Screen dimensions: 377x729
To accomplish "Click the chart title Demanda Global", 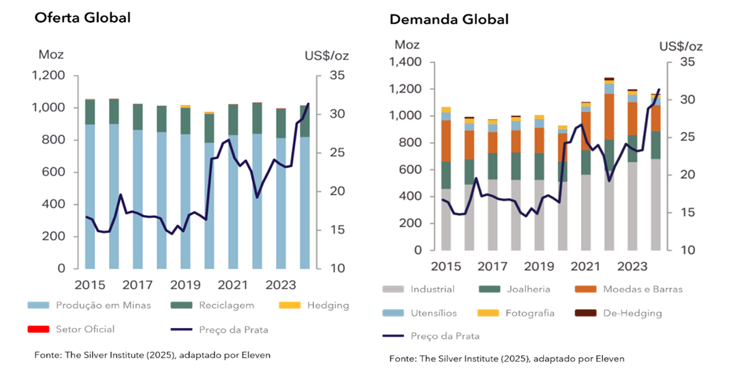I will [x=448, y=19].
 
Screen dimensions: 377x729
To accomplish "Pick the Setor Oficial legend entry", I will [x=84, y=329].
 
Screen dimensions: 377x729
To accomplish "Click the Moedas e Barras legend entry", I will [x=642, y=289].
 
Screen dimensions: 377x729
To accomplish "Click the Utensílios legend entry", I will [x=433, y=313].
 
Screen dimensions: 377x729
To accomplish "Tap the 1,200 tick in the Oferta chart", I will [x=50, y=76].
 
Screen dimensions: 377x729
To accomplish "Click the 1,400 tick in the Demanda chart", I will [x=405, y=63].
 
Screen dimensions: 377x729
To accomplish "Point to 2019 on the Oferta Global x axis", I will [x=185, y=284].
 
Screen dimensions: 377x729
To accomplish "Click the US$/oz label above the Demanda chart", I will [x=680, y=46].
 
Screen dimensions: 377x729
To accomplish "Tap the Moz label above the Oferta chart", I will [x=51, y=54].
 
